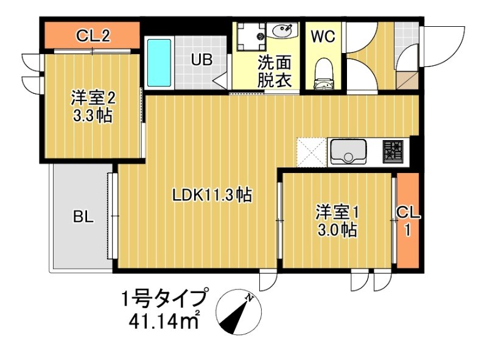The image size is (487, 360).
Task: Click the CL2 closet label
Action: click(93, 36)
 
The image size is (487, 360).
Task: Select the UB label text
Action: click(201, 60)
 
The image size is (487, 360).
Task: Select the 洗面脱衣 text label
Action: click(275, 71)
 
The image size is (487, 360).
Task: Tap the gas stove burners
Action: click(392, 151)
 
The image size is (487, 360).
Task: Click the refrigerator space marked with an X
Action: click(312, 152)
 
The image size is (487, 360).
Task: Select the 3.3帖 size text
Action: click(93, 116)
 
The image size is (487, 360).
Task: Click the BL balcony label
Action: click(83, 216)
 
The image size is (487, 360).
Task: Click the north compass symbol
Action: click(239, 312)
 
